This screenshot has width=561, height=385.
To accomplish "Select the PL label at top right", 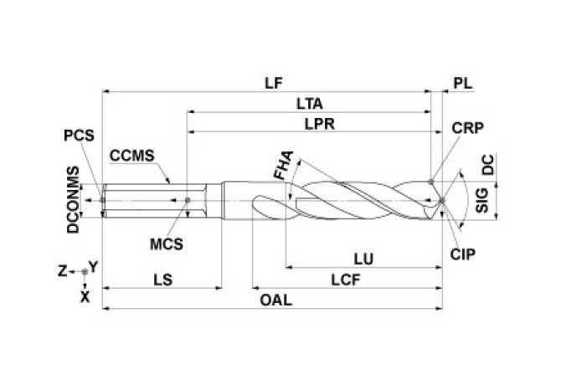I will coord(462,84).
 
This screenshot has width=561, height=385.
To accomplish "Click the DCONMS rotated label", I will coord(73,199).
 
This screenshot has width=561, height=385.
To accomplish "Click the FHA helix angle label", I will coord(285,165).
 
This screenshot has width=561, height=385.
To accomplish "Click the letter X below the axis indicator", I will coord(84,295).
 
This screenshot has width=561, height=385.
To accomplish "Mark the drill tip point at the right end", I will coord(441,201).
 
